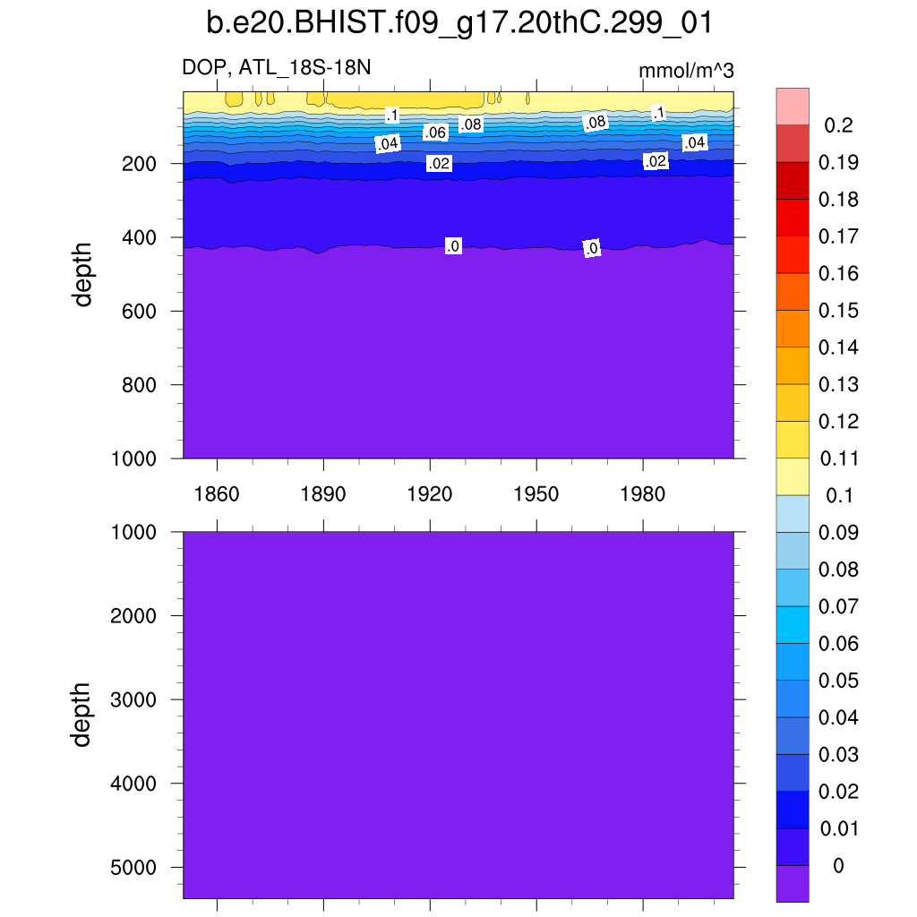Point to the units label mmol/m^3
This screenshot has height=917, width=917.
coord(686,71)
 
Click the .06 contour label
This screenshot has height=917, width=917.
coord(435,133)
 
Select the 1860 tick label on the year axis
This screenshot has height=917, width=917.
coord(217,495)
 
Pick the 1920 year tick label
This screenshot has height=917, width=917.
coord(430,495)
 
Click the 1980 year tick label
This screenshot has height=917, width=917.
coord(643,495)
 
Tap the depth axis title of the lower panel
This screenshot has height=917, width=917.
coord(83,714)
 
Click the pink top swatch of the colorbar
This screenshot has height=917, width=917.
coord(793,106)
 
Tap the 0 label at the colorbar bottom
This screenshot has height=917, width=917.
coord(838,866)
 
